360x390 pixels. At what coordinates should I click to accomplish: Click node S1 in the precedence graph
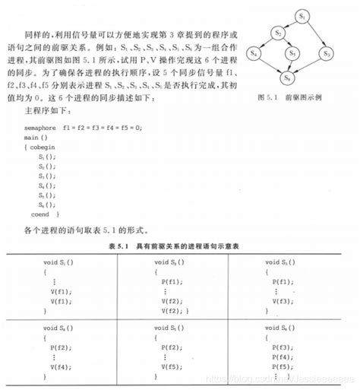pyautogui.click(x=302, y=14)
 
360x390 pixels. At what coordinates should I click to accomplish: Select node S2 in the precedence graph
pyautogui.click(x=279, y=33)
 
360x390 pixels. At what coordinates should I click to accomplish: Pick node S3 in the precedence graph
pyautogui.click(x=327, y=54)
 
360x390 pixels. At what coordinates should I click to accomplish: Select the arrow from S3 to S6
pyautogui.click(x=308, y=67)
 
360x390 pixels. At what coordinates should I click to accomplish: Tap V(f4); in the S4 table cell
pyautogui.click(x=62, y=366)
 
